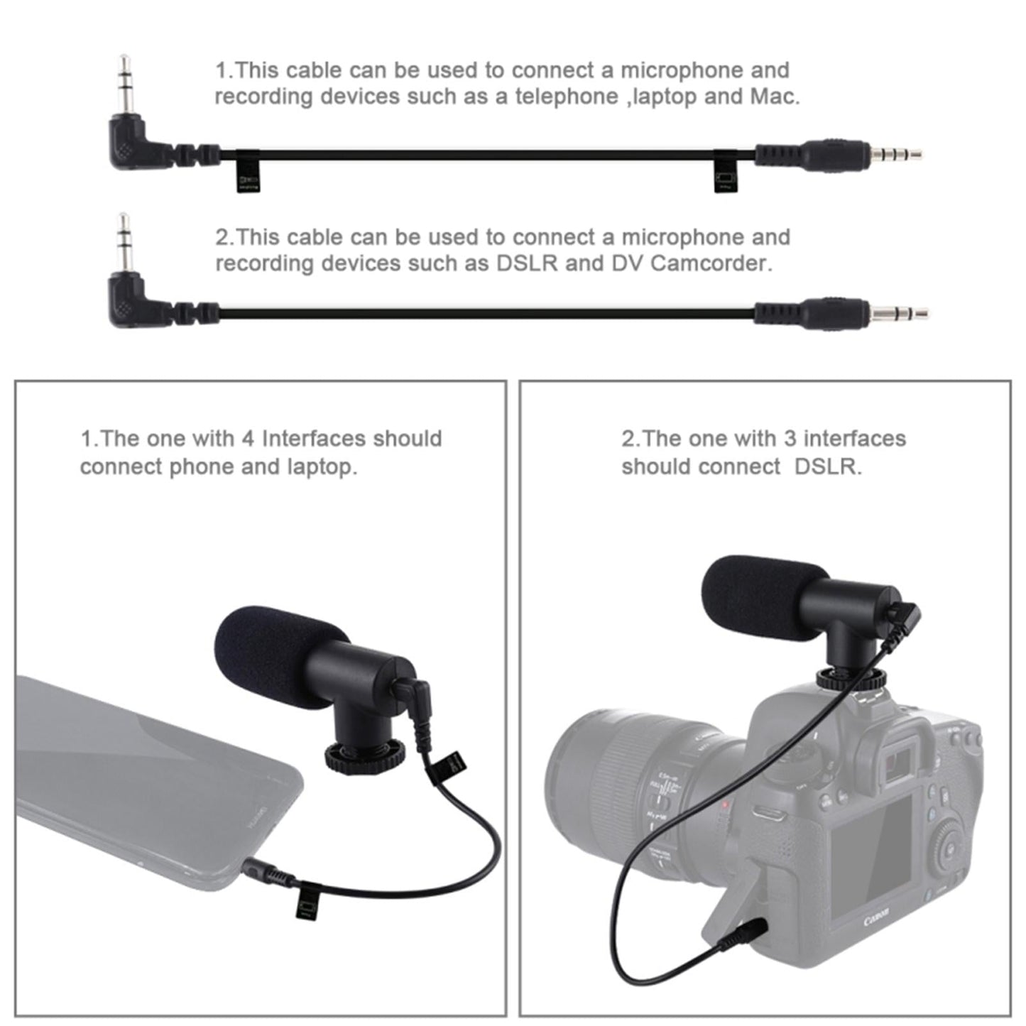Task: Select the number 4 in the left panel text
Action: coord(248,439)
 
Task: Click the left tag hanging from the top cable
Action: coord(247,175)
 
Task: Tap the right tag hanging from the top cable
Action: coord(725,175)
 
